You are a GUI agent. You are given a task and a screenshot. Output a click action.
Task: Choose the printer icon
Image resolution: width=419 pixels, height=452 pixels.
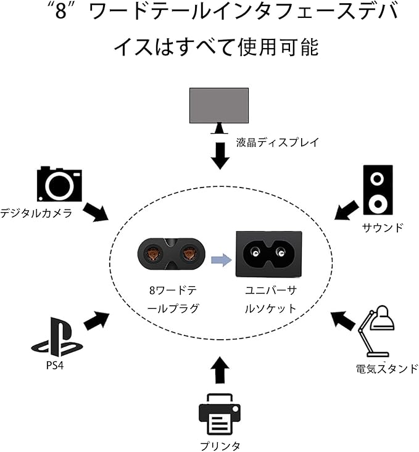[219, 415]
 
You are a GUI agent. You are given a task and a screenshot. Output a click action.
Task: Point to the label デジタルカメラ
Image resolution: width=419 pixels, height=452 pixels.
[36, 213]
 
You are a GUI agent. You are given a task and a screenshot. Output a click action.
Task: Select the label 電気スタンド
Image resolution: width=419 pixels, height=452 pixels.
[387, 369]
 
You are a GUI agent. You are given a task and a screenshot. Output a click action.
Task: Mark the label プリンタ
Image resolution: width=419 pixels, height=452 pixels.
[220, 445]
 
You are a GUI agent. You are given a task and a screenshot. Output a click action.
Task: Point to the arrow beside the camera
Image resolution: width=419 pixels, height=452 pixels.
[95, 212]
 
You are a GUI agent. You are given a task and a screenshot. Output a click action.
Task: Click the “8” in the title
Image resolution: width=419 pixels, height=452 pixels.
[60, 12]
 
